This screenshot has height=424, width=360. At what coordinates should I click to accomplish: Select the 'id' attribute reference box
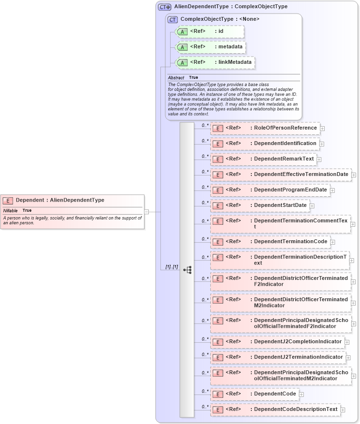(x=210, y=32)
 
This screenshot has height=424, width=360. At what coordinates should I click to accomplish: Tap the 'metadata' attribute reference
(x=211, y=47)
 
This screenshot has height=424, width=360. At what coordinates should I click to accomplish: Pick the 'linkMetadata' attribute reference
(x=215, y=63)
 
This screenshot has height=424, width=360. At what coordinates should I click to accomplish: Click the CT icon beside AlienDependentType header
(x=165, y=7)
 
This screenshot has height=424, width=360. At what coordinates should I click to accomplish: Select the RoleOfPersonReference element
(x=265, y=128)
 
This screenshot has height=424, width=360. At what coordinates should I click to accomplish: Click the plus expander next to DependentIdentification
(x=322, y=144)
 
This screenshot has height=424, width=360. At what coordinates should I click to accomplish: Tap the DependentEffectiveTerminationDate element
(x=280, y=175)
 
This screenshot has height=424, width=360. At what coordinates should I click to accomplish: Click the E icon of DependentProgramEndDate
(x=218, y=190)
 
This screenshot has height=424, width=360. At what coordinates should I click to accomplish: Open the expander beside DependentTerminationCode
(x=333, y=242)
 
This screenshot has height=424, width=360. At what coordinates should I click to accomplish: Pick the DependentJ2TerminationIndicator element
(x=277, y=357)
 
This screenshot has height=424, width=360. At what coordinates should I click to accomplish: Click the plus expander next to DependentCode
(x=302, y=395)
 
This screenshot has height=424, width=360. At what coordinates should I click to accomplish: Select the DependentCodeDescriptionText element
(x=275, y=409)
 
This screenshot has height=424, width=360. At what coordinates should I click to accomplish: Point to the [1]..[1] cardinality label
(x=172, y=267)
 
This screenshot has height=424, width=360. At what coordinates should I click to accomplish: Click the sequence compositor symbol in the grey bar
(x=187, y=270)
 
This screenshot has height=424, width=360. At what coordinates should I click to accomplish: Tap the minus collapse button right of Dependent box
(x=146, y=212)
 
